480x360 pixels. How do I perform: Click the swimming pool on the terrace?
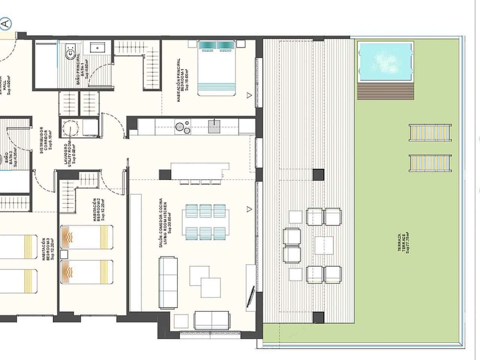point(385,62)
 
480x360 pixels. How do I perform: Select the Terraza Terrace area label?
point(403,242)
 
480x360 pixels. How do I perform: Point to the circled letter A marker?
point(6,24)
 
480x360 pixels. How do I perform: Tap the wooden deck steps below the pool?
point(385,91)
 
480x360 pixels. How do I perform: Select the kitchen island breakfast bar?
point(199,170)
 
